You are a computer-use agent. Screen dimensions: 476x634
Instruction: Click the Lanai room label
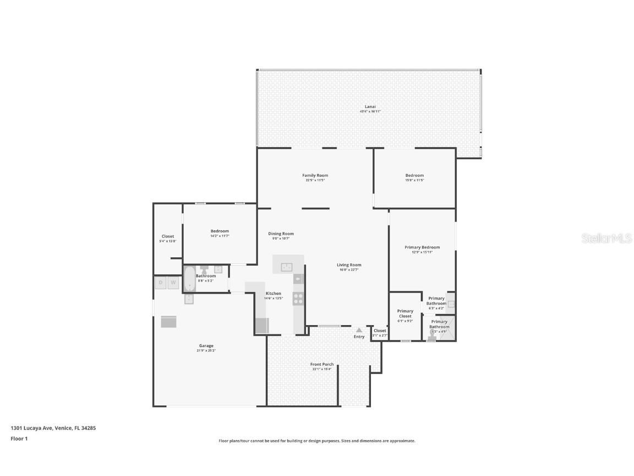(370, 106)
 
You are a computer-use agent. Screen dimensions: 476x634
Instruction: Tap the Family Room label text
(315, 175)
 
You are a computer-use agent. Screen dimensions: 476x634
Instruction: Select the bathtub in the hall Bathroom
(189, 279)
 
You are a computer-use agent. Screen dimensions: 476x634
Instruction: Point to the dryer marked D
(161, 283)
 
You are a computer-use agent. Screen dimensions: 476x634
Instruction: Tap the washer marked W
(173, 283)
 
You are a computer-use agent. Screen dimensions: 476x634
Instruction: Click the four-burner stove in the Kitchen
(298, 299)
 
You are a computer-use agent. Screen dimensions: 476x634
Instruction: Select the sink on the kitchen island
(287, 267)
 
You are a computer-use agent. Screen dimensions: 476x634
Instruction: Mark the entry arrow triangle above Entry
(359, 330)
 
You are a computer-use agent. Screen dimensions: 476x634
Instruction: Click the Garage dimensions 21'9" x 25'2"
(206, 350)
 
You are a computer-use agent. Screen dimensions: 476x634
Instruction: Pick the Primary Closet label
(405, 313)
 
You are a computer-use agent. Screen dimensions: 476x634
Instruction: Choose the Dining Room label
(281, 234)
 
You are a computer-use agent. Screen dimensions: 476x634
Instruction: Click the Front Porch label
(322, 364)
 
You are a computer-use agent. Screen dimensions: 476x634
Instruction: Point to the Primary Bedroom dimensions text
(422, 252)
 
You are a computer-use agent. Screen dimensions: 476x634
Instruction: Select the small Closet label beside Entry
(380, 331)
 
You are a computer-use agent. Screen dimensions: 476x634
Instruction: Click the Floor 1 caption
(19, 439)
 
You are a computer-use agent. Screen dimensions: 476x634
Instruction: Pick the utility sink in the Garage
(189, 299)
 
